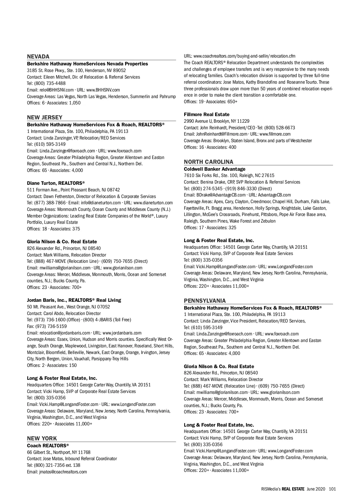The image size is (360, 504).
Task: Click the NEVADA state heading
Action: click(38, 56)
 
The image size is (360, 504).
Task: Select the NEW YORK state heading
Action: click(42, 438)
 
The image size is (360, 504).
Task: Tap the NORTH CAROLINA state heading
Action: click(208, 162)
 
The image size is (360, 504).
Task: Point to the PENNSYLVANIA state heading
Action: click(205, 301)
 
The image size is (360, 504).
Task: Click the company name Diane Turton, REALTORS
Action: click(55, 183)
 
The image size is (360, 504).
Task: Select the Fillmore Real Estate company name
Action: click(206, 114)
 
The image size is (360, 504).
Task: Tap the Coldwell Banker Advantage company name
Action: click(214, 169)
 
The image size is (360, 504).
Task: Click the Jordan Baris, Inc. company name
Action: click(74, 300)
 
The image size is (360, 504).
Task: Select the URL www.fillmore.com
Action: click(275, 134)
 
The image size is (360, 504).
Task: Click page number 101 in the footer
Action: click(332, 489)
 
